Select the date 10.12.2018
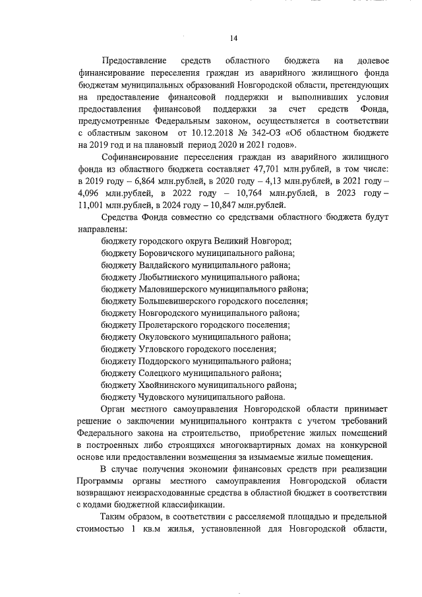(x=202, y=133)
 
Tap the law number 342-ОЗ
(x=264, y=133)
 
